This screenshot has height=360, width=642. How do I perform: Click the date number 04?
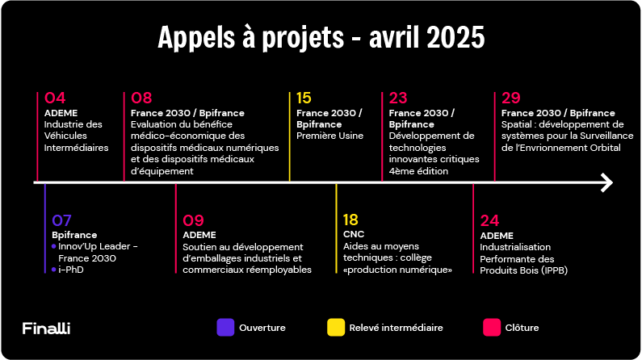[x=55, y=98]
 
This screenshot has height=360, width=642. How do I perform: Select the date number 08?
[x=141, y=98]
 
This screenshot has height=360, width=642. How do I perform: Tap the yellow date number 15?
[x=304, y=98]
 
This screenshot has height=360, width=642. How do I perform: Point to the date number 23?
[x=398, y=98]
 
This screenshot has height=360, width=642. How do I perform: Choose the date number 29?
[x=511, y=98]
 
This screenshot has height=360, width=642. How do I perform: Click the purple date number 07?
[x=62, y=220]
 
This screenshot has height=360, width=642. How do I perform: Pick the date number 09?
[x=193, y=220]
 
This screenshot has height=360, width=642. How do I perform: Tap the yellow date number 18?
[x=350, y=220]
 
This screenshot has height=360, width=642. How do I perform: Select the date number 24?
[x=489, y=220]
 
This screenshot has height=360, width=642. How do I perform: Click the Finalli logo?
[x=46, y=328]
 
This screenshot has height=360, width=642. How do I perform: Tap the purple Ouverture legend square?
[x=225, y=327]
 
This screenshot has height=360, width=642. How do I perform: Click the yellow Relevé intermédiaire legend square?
[x=336, y=327]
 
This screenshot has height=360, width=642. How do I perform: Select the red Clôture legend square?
[x=492, y=327]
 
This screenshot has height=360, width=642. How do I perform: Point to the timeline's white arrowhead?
[x=606, y=182]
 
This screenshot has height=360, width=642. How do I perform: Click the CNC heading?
[x=354, y=234]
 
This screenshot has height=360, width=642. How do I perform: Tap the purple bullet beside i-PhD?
[x=53, y=269]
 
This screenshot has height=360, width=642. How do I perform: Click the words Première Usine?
[x=330, y=136]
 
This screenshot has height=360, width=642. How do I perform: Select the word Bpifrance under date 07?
[x=74, y=235]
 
